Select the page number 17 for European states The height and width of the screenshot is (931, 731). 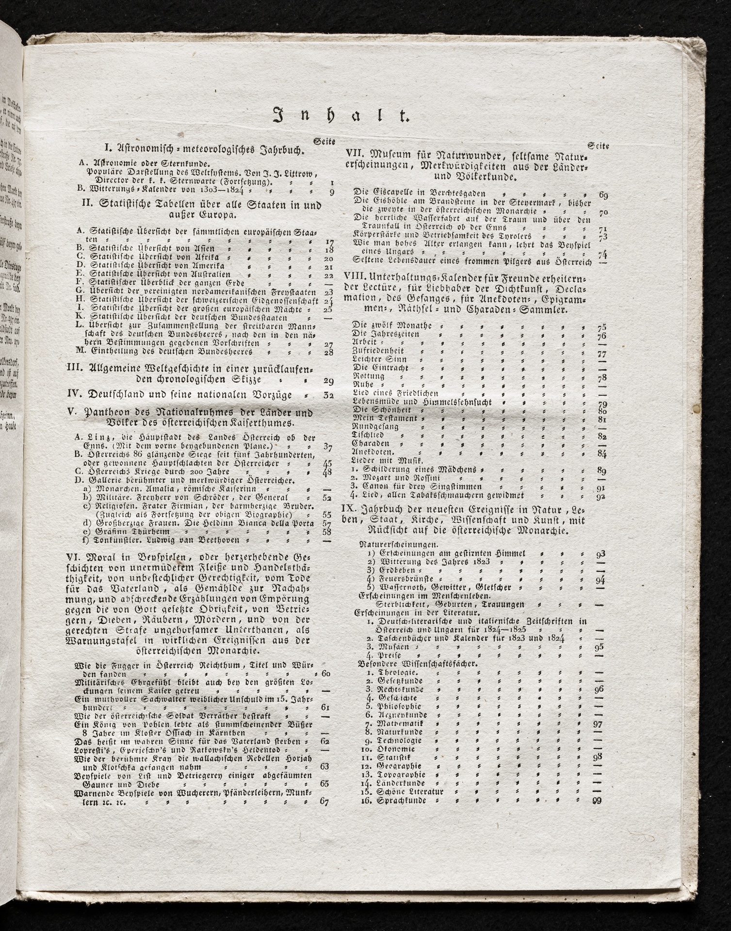pyautogui.click(x=328, y=241)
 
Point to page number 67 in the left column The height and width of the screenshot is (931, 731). pyautogui.click(x=325, y=801)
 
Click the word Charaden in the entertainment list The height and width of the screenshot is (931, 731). pyautogui.click(x=370, y=444)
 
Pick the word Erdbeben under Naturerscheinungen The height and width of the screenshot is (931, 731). pyautogui.click(x=391, y=570)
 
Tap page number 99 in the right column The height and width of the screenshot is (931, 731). pyautogui.click(x=597, y=801)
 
